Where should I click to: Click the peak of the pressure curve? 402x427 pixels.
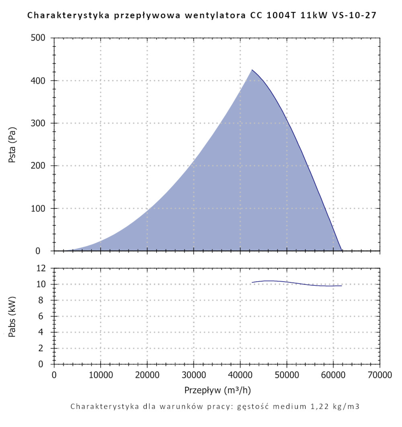click(252, 70)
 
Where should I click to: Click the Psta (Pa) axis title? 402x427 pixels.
click(12, 144)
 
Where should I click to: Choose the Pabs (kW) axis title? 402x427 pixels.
click(12, 316)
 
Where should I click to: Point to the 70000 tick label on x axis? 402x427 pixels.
click(379, 375)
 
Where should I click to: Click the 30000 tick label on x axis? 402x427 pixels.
click(193, 375)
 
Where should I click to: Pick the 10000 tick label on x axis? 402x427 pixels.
click(100, 375)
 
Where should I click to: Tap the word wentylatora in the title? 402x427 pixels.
click(209, 16)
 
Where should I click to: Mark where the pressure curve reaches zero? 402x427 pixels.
click(342, 250)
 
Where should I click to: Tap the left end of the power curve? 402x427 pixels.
click(252, 282)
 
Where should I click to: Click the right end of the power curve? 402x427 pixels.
click(342, 285)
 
